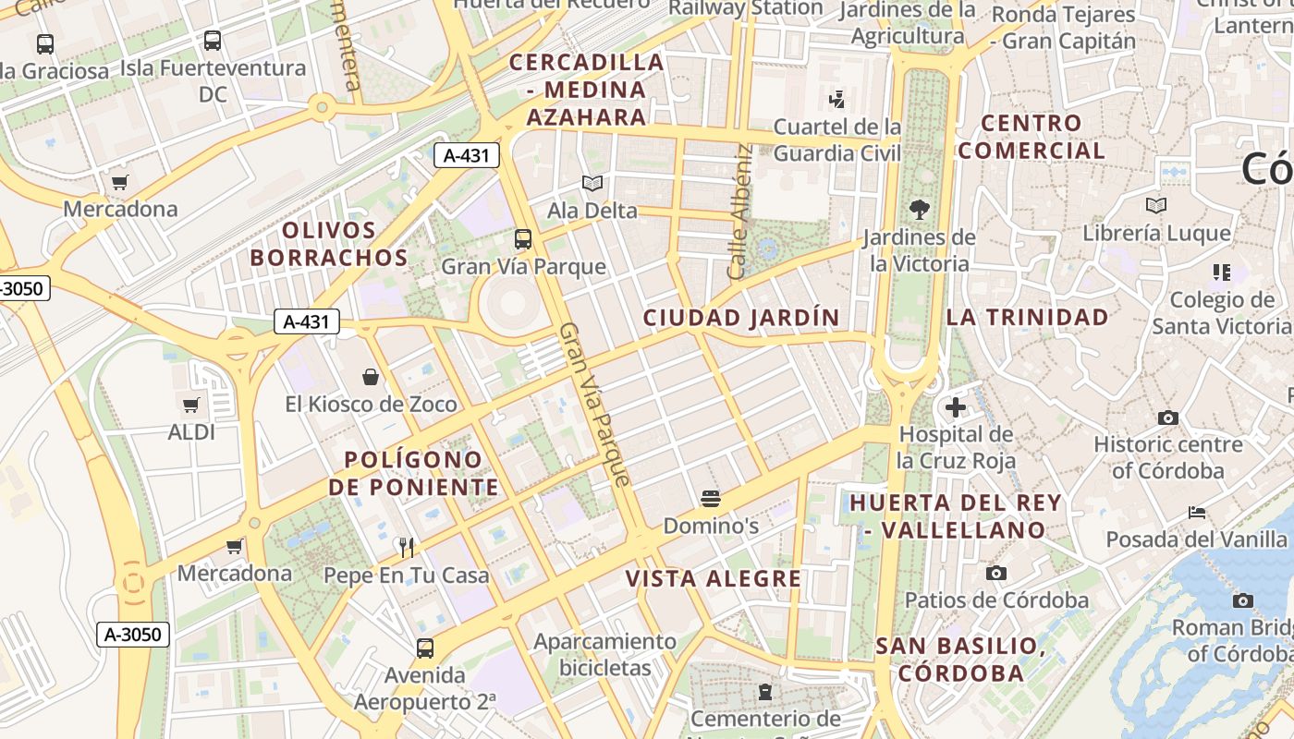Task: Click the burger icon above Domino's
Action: pyautogui.click(x=711, y=500)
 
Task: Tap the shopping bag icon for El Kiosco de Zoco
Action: pyautogui.click(x=371, y=377)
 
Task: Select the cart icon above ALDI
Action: pyautogui.click(x=191, y=405)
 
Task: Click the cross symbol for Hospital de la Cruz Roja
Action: pyautogui.click(x=956, y=406)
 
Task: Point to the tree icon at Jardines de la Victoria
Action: pyautogui.click(x=919, y=209)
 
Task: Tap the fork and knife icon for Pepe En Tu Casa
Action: pyautogui.click(x=406, y=547)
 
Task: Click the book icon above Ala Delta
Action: pyautogui.click(x=592, y=184)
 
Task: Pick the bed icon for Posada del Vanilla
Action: pyautogui.click(x=1197, y=512)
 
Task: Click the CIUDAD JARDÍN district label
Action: pyautogui.click(x=741, y=318)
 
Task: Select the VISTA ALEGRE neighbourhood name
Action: pyautogui.click(x=714, y=579)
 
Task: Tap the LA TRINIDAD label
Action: pyautogui.click(x=1027, y=317)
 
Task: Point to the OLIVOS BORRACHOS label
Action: pyautogui.click(x=329, y=244)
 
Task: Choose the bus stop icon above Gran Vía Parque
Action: pyautogui.click(x=523, y=239)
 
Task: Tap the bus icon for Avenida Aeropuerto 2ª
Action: pyautogui.click(x=425, y=648)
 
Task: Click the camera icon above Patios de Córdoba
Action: pyautogui.click(x=995, y=573)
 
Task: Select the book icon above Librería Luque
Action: pyautogui.click(x=1155, y=205)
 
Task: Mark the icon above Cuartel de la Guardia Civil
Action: pyautogui.click(x=837, y=98)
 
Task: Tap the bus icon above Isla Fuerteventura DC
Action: pyautogui.click(x=213, y=41)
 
